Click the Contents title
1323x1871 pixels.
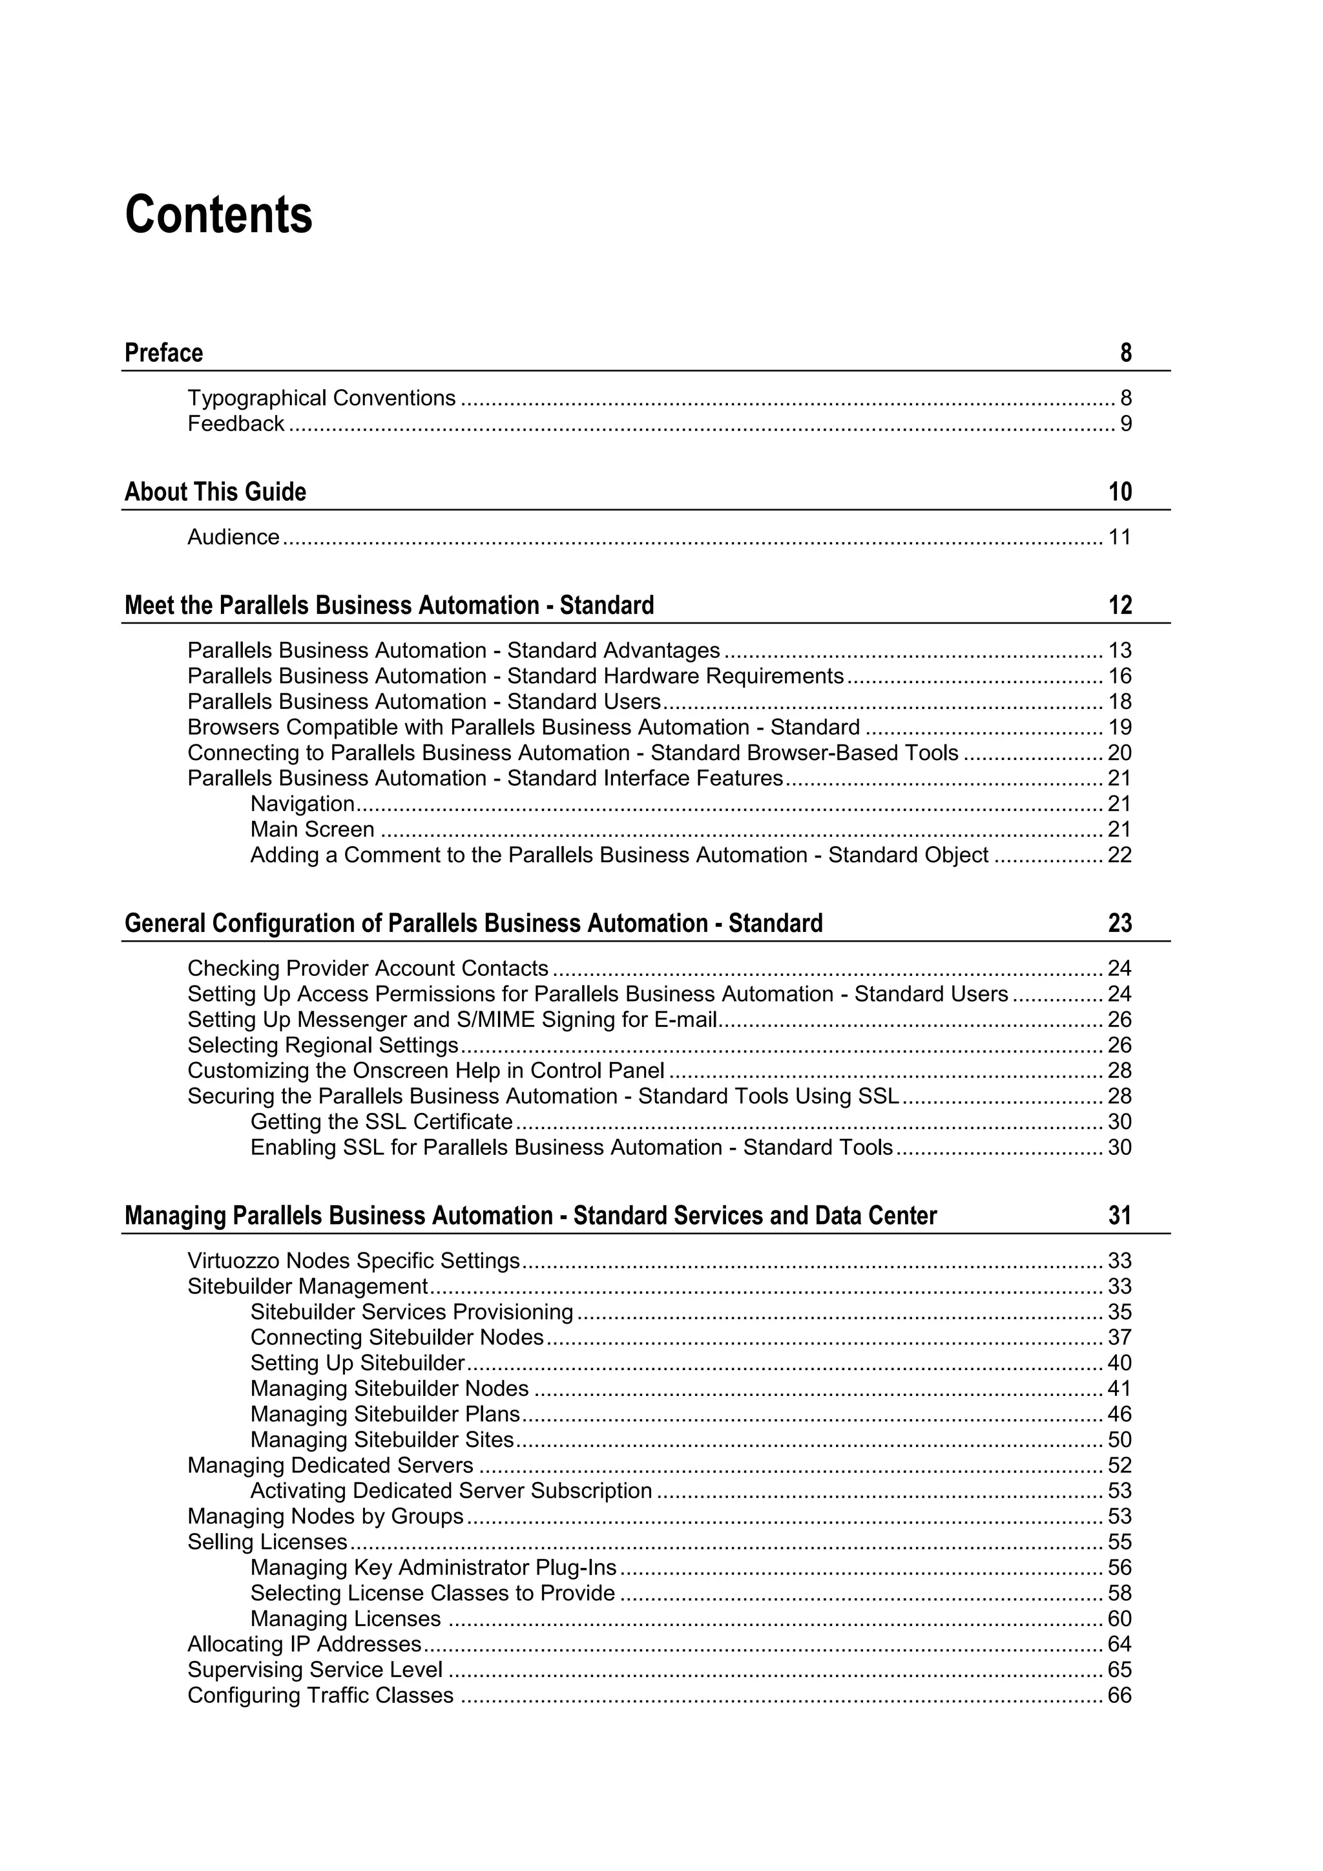pos(218,215)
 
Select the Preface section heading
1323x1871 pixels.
pos(163,354)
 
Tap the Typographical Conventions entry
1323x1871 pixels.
pos(321,399)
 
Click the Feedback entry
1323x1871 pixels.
pos(235,424)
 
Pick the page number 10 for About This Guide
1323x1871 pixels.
pos(1120,492)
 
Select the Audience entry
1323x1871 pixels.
pos(233,537)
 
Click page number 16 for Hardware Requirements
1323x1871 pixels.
pos(1120,677)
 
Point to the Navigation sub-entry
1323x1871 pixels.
pos(302,804)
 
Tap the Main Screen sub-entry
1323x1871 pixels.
pos(312,830)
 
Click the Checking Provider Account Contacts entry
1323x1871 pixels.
pos(368,969)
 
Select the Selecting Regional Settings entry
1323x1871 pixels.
pos(322,1046)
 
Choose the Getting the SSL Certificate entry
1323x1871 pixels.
pos(381,1122)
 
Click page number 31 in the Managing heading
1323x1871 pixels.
pos(1120,1216)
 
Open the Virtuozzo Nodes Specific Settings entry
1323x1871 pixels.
pos(353,1262)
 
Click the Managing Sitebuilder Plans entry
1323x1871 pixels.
pos(384,1414)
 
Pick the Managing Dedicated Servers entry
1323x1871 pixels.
pos(330,1465)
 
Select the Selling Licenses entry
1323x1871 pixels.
pos(267,1542)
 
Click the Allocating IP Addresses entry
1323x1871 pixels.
pos(304,1644)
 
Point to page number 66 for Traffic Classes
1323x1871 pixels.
pos(1120,1695)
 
